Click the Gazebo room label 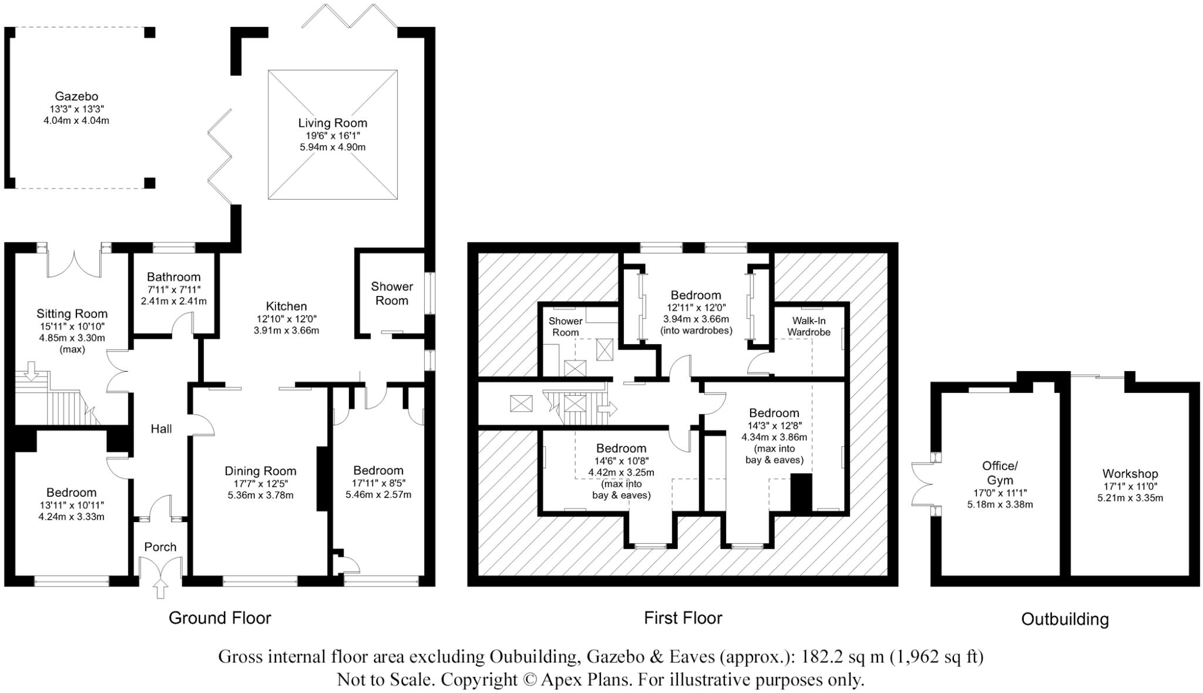(76, 96)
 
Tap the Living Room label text (332, 123)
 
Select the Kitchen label (286, 306)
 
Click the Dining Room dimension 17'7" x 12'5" (260, 483)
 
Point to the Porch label (160, 547)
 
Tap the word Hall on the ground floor (161, 429)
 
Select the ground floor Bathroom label (173, 277)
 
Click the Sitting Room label (72, 314)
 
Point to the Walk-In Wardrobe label (809, 326)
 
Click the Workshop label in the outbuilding (1130, 473)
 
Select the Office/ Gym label (1000, 472)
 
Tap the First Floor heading (683, 618)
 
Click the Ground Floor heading (220, 618)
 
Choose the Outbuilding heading (1064, 619)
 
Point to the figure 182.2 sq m (842, 656)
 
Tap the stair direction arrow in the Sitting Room (32, 370)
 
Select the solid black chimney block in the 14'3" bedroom (800, 492)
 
